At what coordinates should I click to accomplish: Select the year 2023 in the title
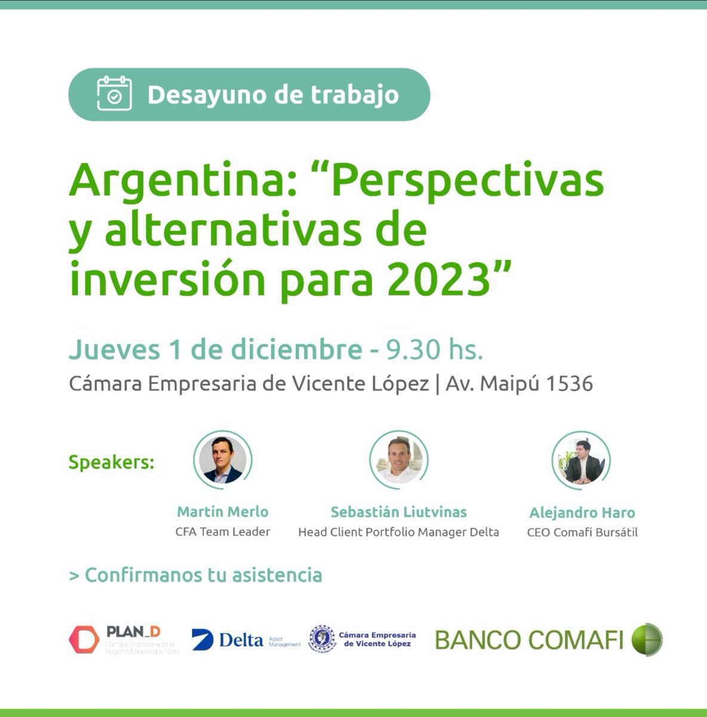click(x=438, y=280)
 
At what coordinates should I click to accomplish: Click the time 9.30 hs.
click(x=435, y=350)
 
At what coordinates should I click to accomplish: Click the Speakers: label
click(x=112, y=462)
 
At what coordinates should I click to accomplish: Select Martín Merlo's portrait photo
click(x=223, y=459)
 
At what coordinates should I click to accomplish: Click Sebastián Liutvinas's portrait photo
click(x=399, y=459)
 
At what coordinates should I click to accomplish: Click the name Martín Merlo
click(x=223, y=511)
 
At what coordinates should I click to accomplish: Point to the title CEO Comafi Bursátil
click(x=582, y=532)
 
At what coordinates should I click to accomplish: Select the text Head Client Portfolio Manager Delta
click(x=398, y=532)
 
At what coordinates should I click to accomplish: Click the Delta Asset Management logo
click(x=245, y=640)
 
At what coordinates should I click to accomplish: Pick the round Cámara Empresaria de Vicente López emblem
click(x=322, y=639)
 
